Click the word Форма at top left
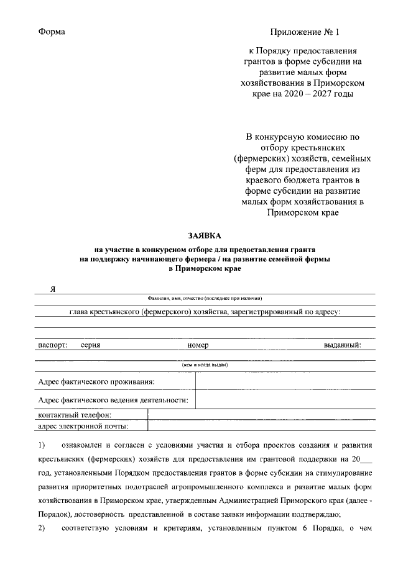(52, 31)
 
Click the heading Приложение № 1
(305, 31)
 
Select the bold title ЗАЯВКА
(206, 235)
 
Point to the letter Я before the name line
(54, 289)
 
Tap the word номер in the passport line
(198, 345)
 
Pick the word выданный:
(342, 345)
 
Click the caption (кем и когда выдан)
(205, 365)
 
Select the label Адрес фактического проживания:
(96, 381)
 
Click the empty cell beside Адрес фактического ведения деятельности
(285, 399)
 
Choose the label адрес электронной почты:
(83, 426)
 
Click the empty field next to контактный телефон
(261, 415)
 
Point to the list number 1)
(42, 445)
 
